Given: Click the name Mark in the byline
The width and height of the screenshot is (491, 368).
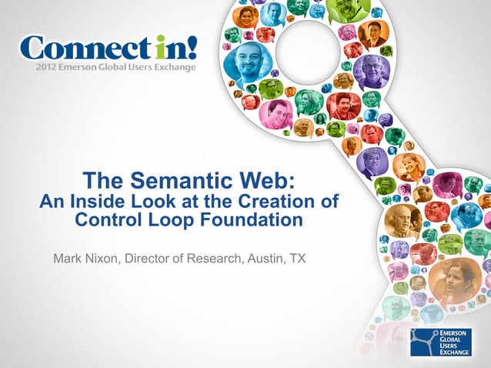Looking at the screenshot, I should click(68, 257).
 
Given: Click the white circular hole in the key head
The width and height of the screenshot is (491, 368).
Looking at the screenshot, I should click(307, 40).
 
